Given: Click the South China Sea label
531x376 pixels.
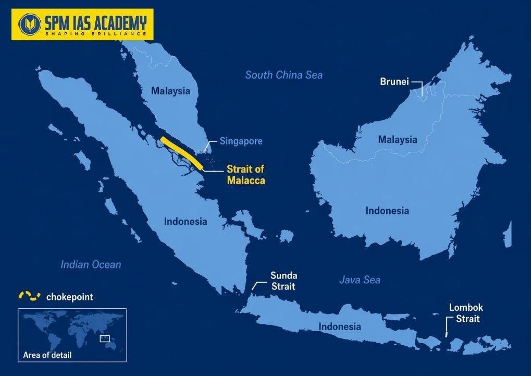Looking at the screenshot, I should pyautogui.click(x=284, y=75).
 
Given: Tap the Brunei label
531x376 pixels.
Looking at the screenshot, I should pyautogui.click(x=394, y=82).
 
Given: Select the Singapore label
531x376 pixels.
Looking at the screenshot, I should pyautogui.click(x=241, y=141).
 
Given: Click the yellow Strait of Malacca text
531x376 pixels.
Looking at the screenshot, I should pyautogui.click(x=246, y=175).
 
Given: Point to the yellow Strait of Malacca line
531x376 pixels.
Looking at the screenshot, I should pyautogui.click(x=182, y=153).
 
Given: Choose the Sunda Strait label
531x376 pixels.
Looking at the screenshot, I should pyautogui.click(x=283, y=281).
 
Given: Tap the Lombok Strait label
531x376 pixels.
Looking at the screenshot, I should pyautogui.click(x=466, y=313).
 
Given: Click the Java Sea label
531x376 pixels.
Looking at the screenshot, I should pyautogui.click(x=360, y=280).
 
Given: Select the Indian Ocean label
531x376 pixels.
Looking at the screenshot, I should pyautogui.click(x=91, y=265).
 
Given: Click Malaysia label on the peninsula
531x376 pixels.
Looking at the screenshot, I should pyautogui.click(x=170, y=91).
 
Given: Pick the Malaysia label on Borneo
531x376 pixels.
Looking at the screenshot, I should pyautogui.click(x=398, y=140).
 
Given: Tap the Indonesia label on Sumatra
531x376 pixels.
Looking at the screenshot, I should pyautogui.click(x=186, y=222).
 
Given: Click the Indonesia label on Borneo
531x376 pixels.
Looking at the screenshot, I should pyautogui.click(x=387, y=211).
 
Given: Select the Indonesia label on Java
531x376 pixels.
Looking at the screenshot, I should pyautogui.click(x=340, y=327).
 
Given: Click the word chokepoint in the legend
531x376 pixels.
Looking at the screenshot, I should pyautogui.click(x=70, y=297).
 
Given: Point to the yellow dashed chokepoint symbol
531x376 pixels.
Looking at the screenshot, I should pyautogui.click(x=30, y=296).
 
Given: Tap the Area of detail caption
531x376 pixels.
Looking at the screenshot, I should pyautogui.click(x=47, y=356).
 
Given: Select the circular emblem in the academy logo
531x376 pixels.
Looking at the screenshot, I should pyautogui.click(x=29, y=24).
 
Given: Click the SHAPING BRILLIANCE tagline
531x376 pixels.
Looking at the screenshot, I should pyautogui.click(x=95, y=34).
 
